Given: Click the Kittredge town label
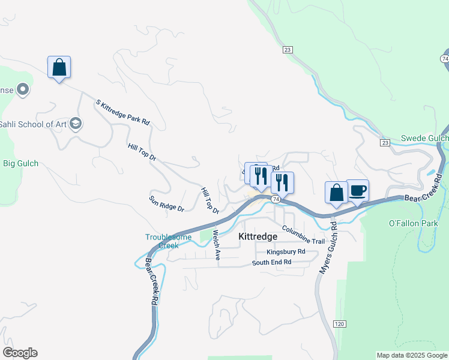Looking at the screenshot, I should pyautogui.click(x=258, y=236).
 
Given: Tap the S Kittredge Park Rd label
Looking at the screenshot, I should pyautogui.click(x=122, y=112).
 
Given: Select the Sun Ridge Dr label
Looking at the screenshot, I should pyautogui.click(x=166, y=203).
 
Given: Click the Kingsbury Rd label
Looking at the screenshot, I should pyautogui.click(x=286, y=252).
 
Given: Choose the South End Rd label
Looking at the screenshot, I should pyautogui.click(x=271, y=262).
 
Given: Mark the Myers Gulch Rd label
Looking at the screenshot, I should pyautogui.click(x=329, y=247).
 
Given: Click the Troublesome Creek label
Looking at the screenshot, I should pyautogui.click(x=168, y=241).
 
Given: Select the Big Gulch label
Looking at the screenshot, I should pyautogui.click(x=20, y=163).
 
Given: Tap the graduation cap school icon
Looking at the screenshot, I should pyautogui.click(x=76, y=124).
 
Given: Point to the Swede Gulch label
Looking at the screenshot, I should pyautogui.click(x=424, y=138).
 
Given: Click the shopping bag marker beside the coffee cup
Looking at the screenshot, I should pyautogui.click(x=336, y=193).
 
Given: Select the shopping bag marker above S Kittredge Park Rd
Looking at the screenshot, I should pyautogui.click(x=59, y=67).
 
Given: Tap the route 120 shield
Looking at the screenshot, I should pyautogui.click(x=339, y=324).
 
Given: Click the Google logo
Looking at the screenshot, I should pyautogui.click(x=20, y=353).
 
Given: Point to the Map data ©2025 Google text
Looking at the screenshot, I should pyautogui.click(x=412, y=355).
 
